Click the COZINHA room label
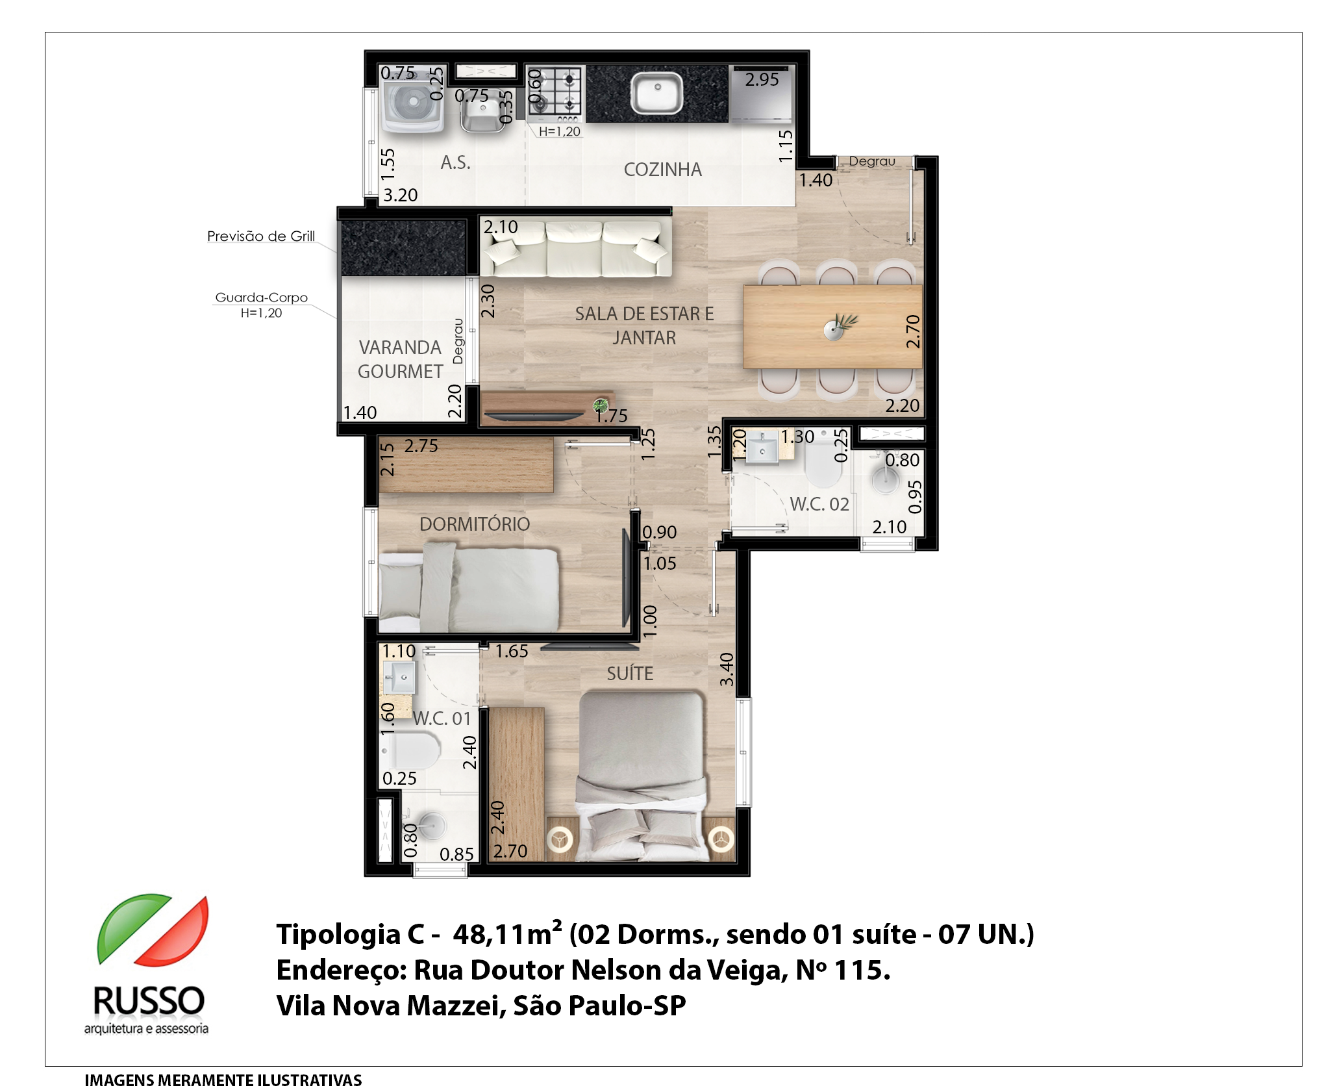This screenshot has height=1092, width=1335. [x=662, y=170]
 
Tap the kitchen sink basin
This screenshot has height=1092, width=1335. [x=657, y=93]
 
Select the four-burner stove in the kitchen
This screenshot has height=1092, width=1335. [x=553, y=94]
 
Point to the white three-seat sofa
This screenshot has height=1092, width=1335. [x=575, y=248]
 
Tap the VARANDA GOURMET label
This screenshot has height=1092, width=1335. [x=400, y=359]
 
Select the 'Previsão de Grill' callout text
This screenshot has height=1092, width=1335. [x=261, y=236]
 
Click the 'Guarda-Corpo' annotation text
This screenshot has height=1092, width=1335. [x=261, y=298]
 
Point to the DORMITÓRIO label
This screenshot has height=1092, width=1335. [x=475, y=524]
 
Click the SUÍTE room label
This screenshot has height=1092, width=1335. [x=630, y=673]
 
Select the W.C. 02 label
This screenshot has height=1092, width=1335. [x=819, y=504]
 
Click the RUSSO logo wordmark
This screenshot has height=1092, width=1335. [x=149, y=1001]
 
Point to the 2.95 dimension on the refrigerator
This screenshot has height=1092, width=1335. [x=762, y=79]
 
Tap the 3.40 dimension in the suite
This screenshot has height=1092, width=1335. [x=727, y=669]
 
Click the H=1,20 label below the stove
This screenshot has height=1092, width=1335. [x=560, y=131]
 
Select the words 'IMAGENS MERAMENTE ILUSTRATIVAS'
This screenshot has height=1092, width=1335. [x=223, y=1080]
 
